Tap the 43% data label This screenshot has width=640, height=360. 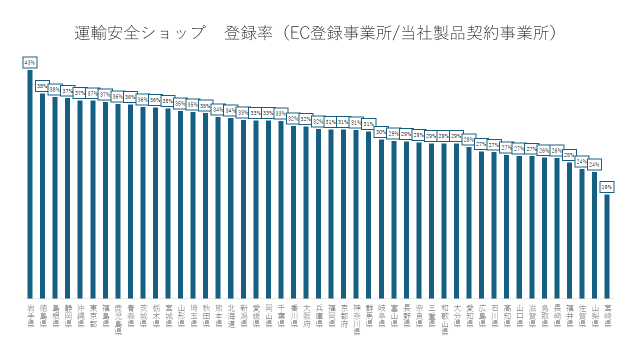tap(29, 62)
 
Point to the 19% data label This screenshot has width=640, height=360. tap(606, 187)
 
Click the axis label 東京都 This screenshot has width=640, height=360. tap(93, 315)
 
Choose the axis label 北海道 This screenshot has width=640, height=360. tap(231, 315)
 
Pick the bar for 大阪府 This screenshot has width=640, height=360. tap(306, 212)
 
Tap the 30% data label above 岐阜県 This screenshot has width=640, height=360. tap(381, 132)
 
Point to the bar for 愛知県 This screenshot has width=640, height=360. tap(469, 222)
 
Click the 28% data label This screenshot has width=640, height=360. tap(469, 139)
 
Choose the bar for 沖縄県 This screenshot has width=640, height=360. tap(80, 199)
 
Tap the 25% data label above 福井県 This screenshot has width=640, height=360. tap(569, 155)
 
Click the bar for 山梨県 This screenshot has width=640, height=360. tap(594, 235)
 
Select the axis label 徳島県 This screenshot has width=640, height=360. tap(43, 315)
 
